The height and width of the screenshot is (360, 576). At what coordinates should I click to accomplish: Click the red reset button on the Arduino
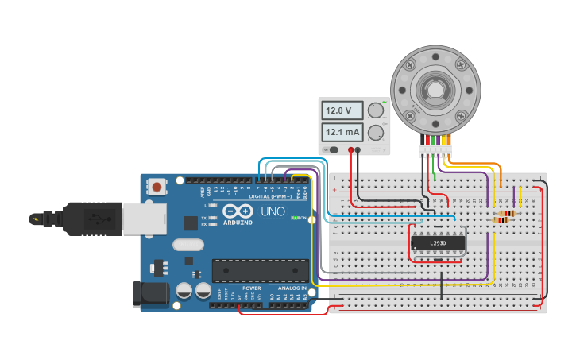[x=157, y=188]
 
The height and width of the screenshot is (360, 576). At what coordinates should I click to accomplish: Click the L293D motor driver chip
[x=437, y=243]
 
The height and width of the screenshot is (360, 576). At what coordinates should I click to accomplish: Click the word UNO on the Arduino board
[x=273, y=212]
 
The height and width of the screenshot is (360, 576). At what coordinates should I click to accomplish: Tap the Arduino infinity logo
[x=238, y=211]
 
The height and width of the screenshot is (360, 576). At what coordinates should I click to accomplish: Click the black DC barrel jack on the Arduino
[x=151, y=293]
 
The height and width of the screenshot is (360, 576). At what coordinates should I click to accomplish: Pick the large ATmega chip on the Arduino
[x=260, y=270]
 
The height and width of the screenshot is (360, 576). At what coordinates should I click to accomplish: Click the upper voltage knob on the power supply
[x=375, y=110]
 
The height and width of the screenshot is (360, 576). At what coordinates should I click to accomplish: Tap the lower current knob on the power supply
[x=375, y=132]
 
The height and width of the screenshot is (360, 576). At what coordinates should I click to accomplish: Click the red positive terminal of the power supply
[x=346, y=149]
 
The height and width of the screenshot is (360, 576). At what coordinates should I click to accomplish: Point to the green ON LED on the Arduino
[x=295, y=218]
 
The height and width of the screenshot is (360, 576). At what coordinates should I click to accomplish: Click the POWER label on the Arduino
[x=252, y=288]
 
